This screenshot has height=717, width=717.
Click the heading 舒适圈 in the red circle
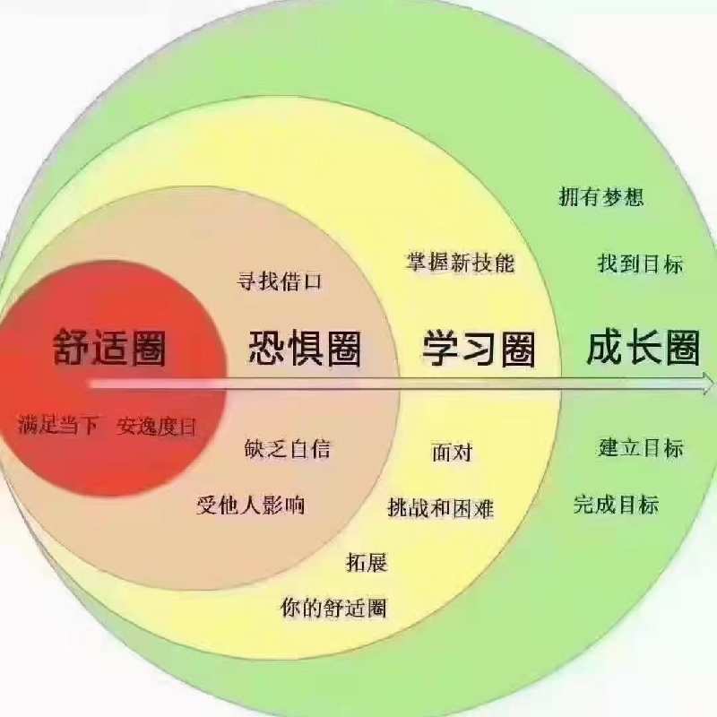(x=109, y=348)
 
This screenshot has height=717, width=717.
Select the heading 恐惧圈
(x=305, y=348)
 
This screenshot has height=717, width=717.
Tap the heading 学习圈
(x=479, y=349)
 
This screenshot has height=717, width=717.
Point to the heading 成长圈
(x=644, y=348)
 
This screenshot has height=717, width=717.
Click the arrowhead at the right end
(x=707, y=383)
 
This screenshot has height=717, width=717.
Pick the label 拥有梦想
(x=601, y=196)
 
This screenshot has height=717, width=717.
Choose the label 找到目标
(x=640, y=263)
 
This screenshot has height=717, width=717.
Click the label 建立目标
(x=640, y=447)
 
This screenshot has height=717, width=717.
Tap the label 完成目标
(x=616, y=505)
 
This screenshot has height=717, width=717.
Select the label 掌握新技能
(x=461, y=263)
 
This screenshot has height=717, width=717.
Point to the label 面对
(x=453, y=453)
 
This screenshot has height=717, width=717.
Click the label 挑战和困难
(x=441, y=507)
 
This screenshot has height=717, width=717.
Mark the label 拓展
(x=367, y=562)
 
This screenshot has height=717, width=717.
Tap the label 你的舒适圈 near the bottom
(x=333, y=608)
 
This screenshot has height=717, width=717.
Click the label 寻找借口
(x=280, y=281)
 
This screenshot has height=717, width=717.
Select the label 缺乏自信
(x=287, y=448)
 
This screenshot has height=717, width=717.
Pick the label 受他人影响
(x=251, y=505)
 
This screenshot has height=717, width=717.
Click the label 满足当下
(x=58, y=425)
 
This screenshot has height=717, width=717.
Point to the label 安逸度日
(x=156, y=427)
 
